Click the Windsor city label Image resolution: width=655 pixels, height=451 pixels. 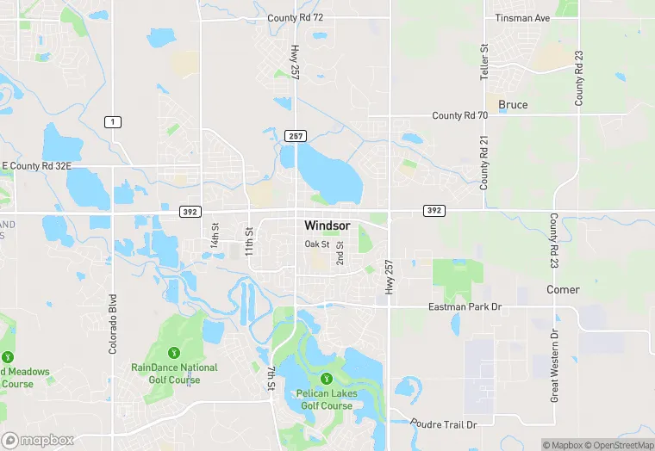(327, 225)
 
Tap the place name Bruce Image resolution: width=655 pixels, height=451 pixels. (513, 105)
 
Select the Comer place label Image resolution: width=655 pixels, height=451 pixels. (563, 290)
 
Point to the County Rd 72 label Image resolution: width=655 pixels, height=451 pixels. (295, 18)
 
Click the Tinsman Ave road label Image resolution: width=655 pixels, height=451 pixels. (522, 18)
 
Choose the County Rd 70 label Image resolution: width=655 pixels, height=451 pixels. (459, 115)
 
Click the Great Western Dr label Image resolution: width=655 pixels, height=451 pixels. (555, 365)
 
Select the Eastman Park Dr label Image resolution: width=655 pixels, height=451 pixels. (465, 307)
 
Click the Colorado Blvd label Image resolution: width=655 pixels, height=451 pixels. (112, 325)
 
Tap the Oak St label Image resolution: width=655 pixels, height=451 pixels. (317, 244)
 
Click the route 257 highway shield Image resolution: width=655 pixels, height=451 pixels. (296, 136)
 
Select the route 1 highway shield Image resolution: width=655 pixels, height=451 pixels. (112, 122)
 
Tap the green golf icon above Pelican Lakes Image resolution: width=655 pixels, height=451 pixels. (326, 379)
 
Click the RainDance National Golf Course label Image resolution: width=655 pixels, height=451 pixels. (174, 374)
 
